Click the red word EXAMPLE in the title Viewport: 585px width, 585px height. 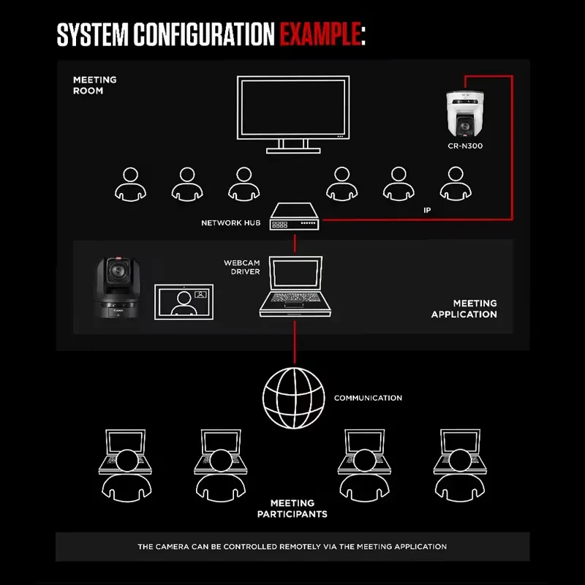click(320, 34)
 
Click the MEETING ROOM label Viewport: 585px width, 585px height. click(94, 86)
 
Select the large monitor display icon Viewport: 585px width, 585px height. click(293, 114)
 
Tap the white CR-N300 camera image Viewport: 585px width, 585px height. click(465, 114)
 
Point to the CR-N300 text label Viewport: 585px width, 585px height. click(465, 146)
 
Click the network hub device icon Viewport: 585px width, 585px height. click(294, 218)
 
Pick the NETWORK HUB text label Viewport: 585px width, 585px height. click(231, 222)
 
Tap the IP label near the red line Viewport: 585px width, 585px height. click(428, 210)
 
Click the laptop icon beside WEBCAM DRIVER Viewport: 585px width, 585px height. click(295, 287)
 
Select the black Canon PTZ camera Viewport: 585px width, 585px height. click(118, 287)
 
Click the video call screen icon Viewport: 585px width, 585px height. click(184, 301)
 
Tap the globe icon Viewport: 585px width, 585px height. click(294, 398)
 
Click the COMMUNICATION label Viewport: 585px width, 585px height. click(368, 399)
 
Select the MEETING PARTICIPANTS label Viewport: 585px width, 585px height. click(292, 508)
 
